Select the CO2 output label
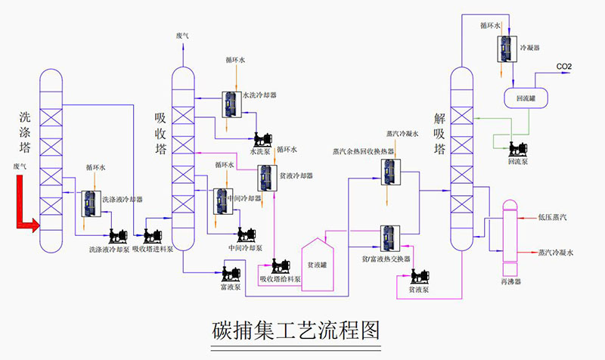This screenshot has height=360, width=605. pos(564,67)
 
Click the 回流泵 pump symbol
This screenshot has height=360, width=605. pos(520,148)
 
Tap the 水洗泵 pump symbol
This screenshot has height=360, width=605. pos(262,139)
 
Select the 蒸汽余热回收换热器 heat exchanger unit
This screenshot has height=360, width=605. pos(390,173)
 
